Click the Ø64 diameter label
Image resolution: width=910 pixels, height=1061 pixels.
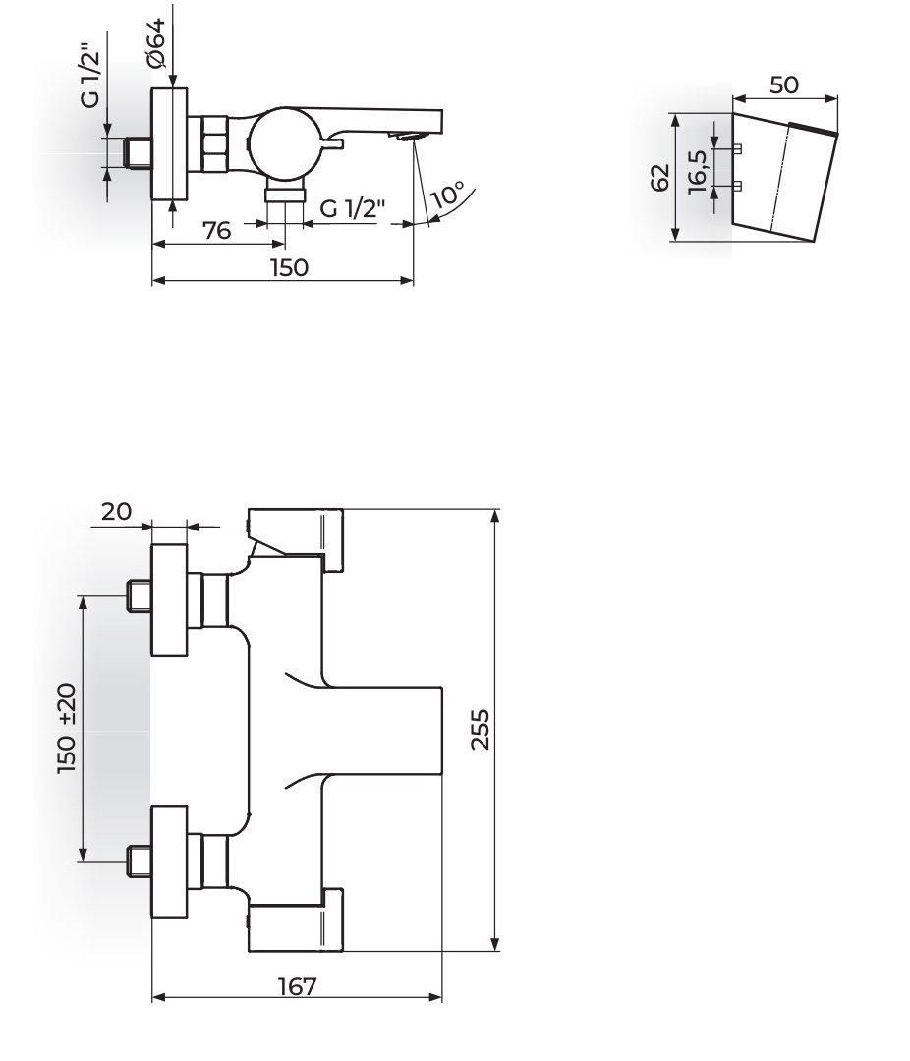(x=155, y=42)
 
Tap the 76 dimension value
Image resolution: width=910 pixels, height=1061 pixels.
(x=217, y=231)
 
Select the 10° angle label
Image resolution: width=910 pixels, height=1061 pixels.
(x=447, y=195)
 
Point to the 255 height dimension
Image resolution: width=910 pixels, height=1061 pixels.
(x=480, y=729)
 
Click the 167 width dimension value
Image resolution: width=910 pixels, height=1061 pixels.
(x=297, y=986)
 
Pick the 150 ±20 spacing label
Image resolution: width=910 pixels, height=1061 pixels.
(x=68, y=729)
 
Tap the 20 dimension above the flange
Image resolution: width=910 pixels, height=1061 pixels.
(x=117, y=512)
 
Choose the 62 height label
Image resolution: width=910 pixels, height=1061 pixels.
(x=659, y=177)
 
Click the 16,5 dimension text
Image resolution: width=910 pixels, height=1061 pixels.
(x=698, y=172)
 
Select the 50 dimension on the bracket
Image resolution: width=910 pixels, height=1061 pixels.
(x=784, y=85)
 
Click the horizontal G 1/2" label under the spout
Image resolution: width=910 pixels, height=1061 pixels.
(x=352, y=208)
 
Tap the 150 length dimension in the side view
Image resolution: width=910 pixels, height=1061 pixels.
(x=289, y=268)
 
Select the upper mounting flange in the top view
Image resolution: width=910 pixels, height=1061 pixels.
(x=169, y=599)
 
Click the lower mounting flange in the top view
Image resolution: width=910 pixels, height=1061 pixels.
(x=169, y=863)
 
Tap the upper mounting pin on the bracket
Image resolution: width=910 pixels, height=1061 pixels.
(x=737, y=148)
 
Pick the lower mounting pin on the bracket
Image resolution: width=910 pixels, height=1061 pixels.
(x=737, y=186)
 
